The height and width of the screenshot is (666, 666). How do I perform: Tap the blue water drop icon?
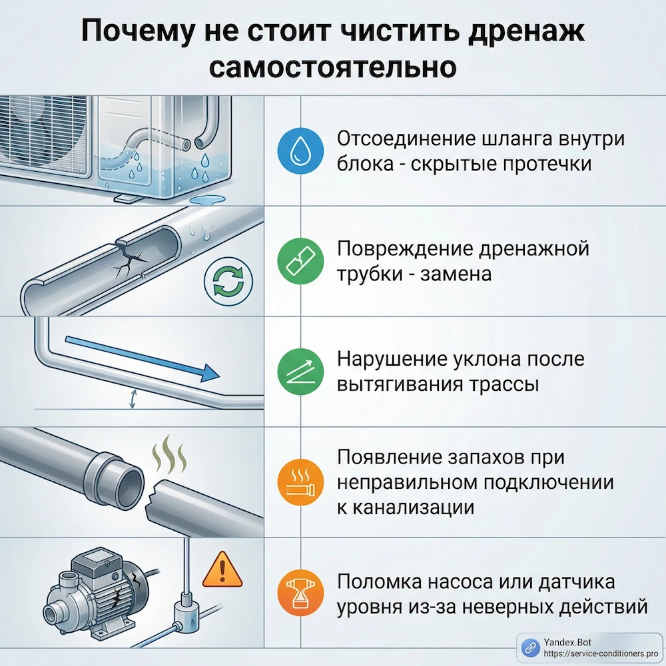(294, 152)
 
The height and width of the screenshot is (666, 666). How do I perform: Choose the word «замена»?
(456, 273)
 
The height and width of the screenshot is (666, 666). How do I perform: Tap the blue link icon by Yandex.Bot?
(530, 647)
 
